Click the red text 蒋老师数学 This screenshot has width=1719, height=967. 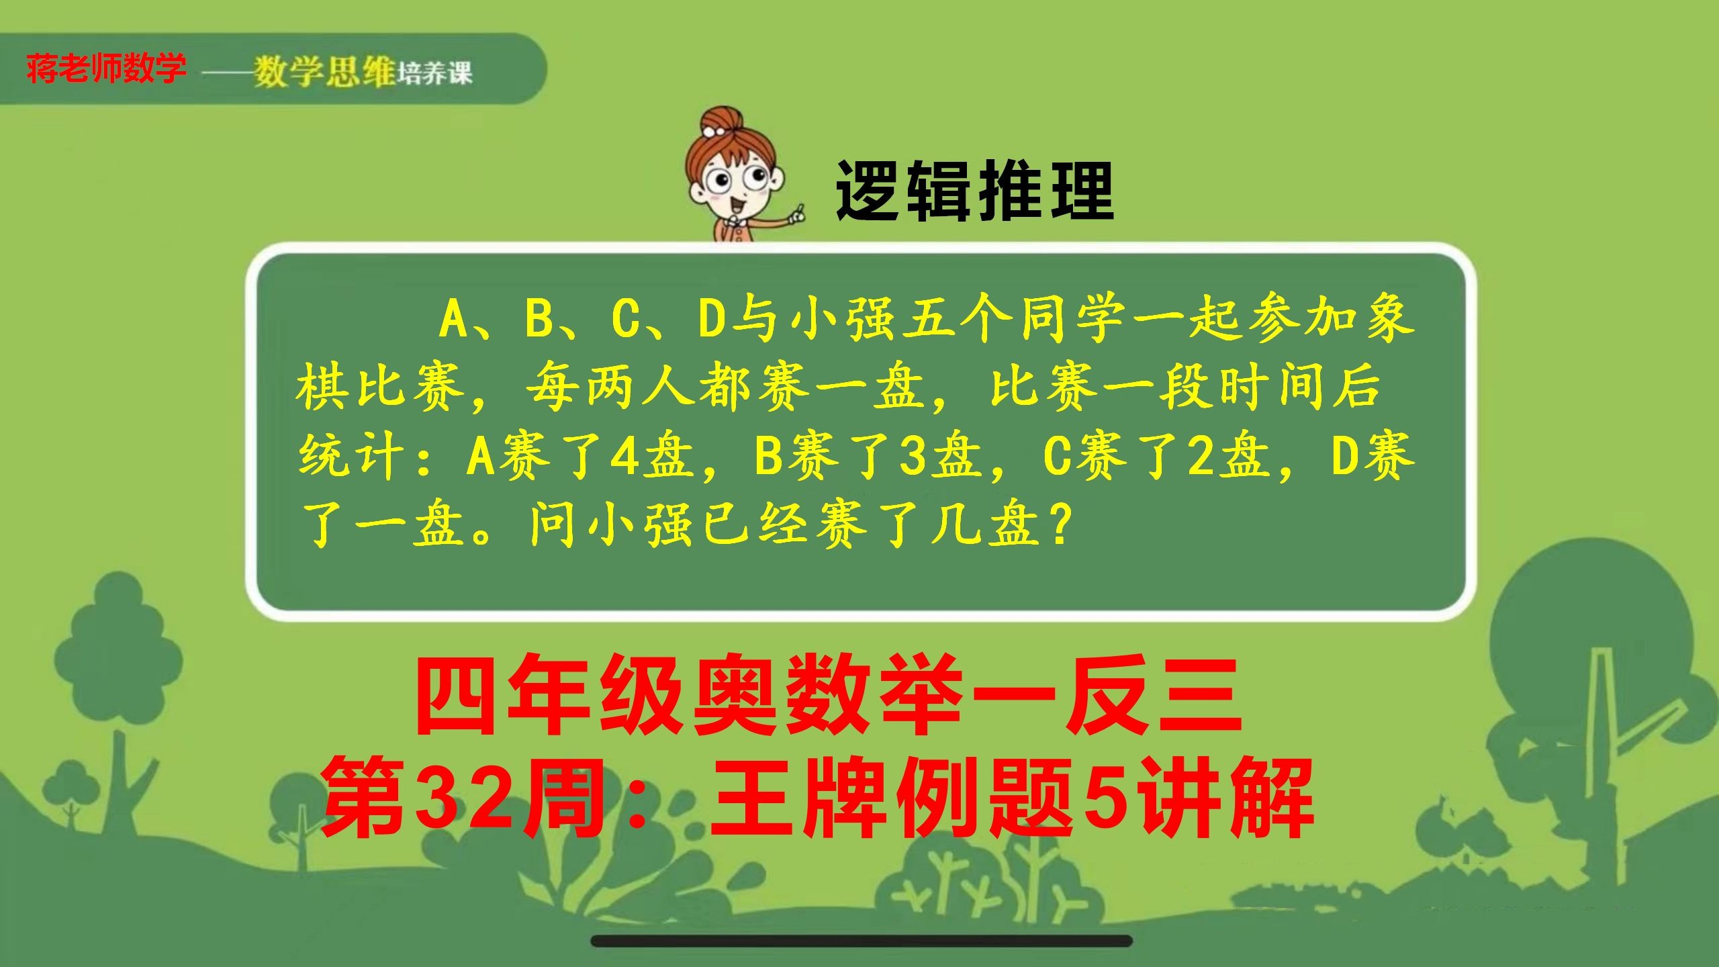pyautogui.click(x=106, y=68)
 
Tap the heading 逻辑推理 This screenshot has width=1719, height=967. pyautogui.click(x=974, y=191)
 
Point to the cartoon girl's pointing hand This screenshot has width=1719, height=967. pyautogui.click(x=797, y=214)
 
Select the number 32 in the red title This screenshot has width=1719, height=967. pyautogui.click(x=463, y=797)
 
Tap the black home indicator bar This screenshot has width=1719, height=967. pyautogui.click(x=862, y=941)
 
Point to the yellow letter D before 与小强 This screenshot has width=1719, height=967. pyautogui.click(x=712, y=319)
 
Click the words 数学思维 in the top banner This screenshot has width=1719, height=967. pyautogui.click(x=324, y=71)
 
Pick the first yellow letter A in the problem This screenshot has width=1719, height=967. pyautogui.click(x=454, y=319)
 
